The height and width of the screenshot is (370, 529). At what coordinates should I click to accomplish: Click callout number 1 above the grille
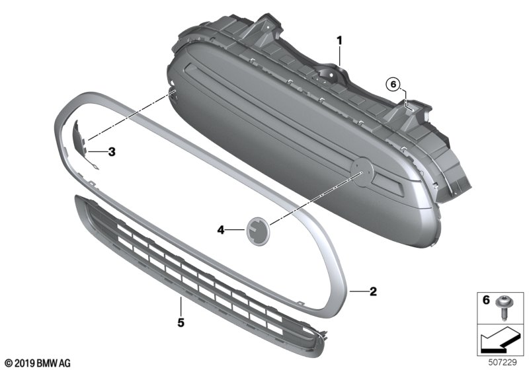[x=339, y=41]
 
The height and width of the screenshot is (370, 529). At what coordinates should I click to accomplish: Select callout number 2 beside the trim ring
[x=373, y=291]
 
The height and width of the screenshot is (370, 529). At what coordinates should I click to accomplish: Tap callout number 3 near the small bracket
[x=112, y=152]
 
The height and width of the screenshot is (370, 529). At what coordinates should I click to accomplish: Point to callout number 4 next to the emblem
[x=221, y=230]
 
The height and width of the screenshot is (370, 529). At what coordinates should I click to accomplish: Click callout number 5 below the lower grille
[x=181, y=323]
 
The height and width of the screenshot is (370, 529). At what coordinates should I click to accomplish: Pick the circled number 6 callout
[x=393, y=84]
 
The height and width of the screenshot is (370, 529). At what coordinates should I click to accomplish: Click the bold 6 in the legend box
[x=486, y=300]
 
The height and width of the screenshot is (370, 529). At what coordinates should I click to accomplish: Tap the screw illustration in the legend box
[x=502, y=309]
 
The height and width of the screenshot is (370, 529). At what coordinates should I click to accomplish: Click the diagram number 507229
[x=503, y=363]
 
